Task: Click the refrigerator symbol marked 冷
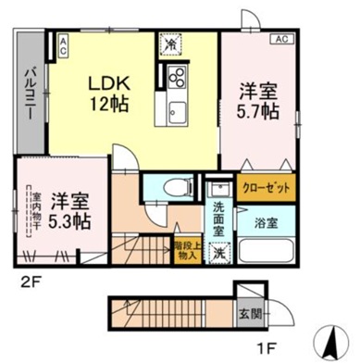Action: coord(171,43)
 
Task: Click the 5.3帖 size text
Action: coord(70,221)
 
